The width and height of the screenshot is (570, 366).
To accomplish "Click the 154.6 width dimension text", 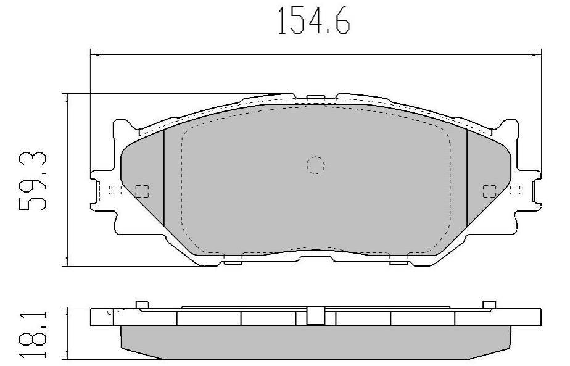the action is coord(314,21).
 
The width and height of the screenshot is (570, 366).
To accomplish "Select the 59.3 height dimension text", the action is coord(33,181).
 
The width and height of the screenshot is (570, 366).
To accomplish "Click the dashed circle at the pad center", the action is coord(316,165).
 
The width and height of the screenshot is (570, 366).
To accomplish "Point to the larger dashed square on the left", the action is coord(142,191).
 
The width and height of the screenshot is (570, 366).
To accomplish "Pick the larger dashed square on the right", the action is coord(489,191).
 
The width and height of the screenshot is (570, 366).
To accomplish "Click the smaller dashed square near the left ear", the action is coord(116,190).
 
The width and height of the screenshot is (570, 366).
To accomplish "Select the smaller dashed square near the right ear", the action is coord(516,190).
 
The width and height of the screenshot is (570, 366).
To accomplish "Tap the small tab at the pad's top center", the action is coord(315,98).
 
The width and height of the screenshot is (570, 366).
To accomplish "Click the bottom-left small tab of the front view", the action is coord(233,263).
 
